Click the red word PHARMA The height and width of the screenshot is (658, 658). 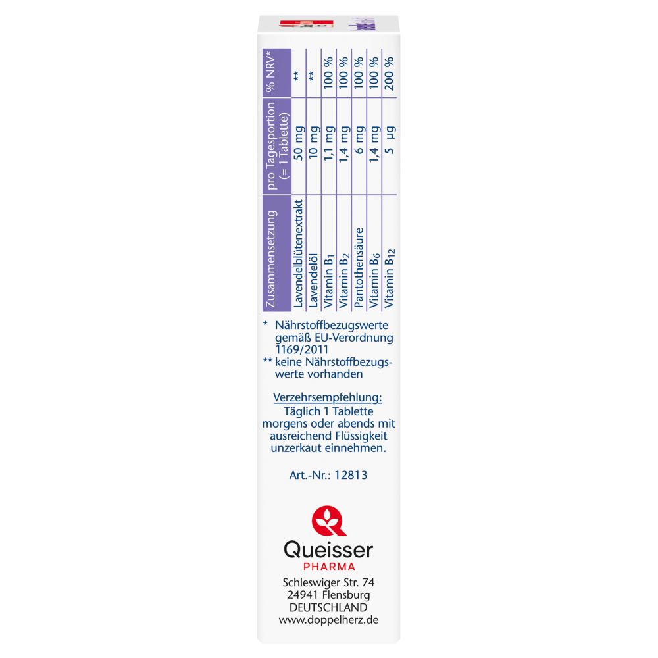coord(328,567)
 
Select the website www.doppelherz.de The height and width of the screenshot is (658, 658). coord(328,620)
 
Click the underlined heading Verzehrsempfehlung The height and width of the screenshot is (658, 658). coord(328,399)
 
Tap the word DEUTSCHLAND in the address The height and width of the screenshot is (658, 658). coord(328,607)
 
